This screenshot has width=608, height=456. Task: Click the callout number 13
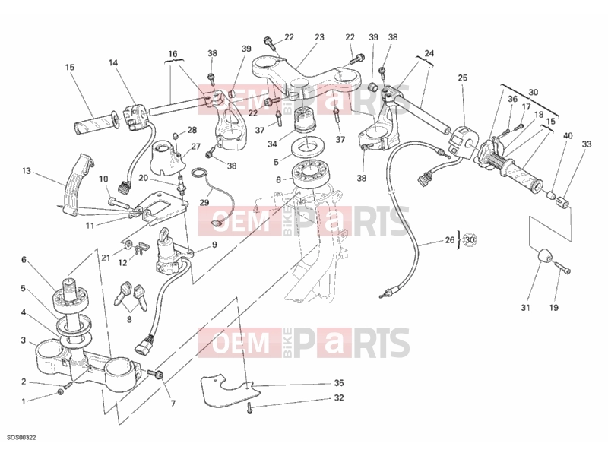27,171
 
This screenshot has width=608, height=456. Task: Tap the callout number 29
204,202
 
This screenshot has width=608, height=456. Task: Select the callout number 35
339,383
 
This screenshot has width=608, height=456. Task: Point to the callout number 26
449,240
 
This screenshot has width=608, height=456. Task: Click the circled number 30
470,240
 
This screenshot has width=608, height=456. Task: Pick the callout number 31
525,308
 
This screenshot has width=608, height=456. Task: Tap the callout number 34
272,144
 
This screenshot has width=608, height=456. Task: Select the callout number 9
214,245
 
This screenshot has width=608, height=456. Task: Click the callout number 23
319,37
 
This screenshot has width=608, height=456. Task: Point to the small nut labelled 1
61,392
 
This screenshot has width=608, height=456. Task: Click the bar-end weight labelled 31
544,257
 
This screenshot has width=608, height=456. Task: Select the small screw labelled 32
249,408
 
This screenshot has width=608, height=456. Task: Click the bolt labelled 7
156,374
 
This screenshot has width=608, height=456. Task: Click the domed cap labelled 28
176,136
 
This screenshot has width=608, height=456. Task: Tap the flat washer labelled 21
128,245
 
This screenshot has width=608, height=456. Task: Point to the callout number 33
587,144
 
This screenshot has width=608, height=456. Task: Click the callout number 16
173,54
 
